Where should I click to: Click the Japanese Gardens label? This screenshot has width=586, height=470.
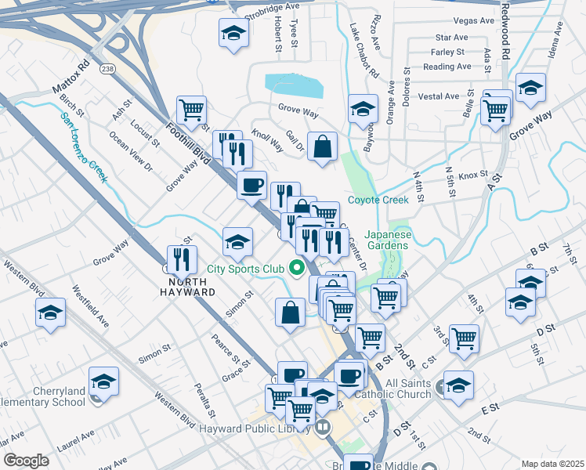pos(387,240)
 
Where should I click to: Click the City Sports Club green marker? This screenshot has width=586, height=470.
pos(297,269)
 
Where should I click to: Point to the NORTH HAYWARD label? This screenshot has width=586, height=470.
pos(183,286)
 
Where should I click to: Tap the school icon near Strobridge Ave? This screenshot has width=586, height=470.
pos(233,34)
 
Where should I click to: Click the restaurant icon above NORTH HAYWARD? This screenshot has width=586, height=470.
pos(181,258)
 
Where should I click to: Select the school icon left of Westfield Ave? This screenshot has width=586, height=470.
pos(50,313)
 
